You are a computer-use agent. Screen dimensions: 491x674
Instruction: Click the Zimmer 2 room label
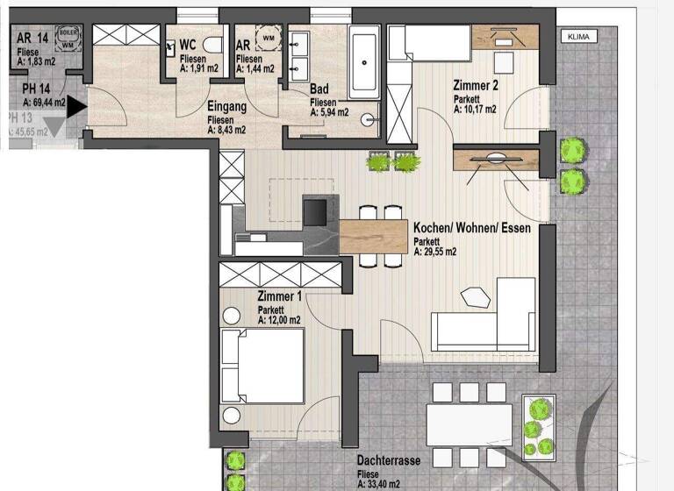coord(477,86)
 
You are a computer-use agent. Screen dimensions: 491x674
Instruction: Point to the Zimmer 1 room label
coord(280,298)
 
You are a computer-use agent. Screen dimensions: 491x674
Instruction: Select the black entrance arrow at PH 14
coord(77,107)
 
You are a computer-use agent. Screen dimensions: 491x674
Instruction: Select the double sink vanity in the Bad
coord(298,55)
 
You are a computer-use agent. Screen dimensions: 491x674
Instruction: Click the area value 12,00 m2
coord(279,321)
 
